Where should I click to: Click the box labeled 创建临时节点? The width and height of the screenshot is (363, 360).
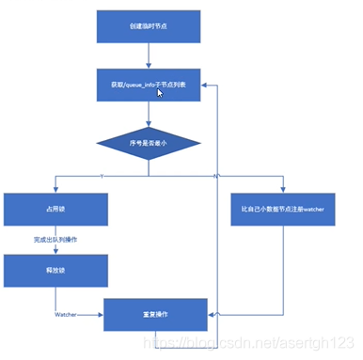click(x=149, y=26)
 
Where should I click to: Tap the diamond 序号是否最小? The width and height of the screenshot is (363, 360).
click(x=149, y=143)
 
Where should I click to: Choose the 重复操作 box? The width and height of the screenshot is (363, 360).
click(x=154, y=314)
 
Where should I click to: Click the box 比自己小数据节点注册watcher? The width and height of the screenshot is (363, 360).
click(x=282, y=208)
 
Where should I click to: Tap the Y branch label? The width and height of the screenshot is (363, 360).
click(x=102, y=176)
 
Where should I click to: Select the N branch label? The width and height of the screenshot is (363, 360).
click(x=216, y=176)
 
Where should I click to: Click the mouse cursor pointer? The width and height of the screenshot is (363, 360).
click(x=162, y=93)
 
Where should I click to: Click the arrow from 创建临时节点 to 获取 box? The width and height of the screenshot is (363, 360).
click(x=149, y=55)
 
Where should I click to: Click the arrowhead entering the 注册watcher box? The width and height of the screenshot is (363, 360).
click(x=282, y=190)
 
